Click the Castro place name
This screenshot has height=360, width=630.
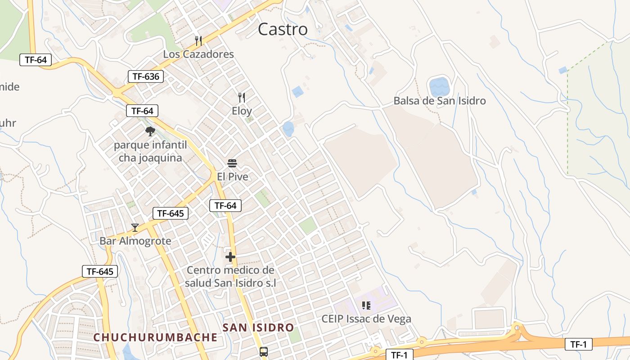283,29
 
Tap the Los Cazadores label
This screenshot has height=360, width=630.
198,54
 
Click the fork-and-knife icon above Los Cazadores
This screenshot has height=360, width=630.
198,41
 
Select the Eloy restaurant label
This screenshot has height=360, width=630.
242,111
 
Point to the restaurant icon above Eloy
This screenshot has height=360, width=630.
242,97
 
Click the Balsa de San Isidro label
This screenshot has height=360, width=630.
440,101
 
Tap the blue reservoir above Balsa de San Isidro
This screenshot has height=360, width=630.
439,86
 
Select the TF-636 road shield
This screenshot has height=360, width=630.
146,76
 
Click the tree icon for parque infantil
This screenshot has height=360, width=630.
150,131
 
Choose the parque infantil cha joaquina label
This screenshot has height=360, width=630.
150,152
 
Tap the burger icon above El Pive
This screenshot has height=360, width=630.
232,163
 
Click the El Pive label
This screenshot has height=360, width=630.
232,177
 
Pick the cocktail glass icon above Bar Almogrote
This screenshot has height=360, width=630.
135,228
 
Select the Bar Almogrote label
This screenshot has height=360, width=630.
135,241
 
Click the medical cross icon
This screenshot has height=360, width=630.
230,257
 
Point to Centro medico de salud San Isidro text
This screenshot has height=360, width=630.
230,277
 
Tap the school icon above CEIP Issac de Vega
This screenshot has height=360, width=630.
366,306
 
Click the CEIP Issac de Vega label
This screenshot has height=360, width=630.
366,319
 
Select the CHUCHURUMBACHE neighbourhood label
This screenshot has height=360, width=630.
155,337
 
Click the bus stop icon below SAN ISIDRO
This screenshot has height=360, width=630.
264,352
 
